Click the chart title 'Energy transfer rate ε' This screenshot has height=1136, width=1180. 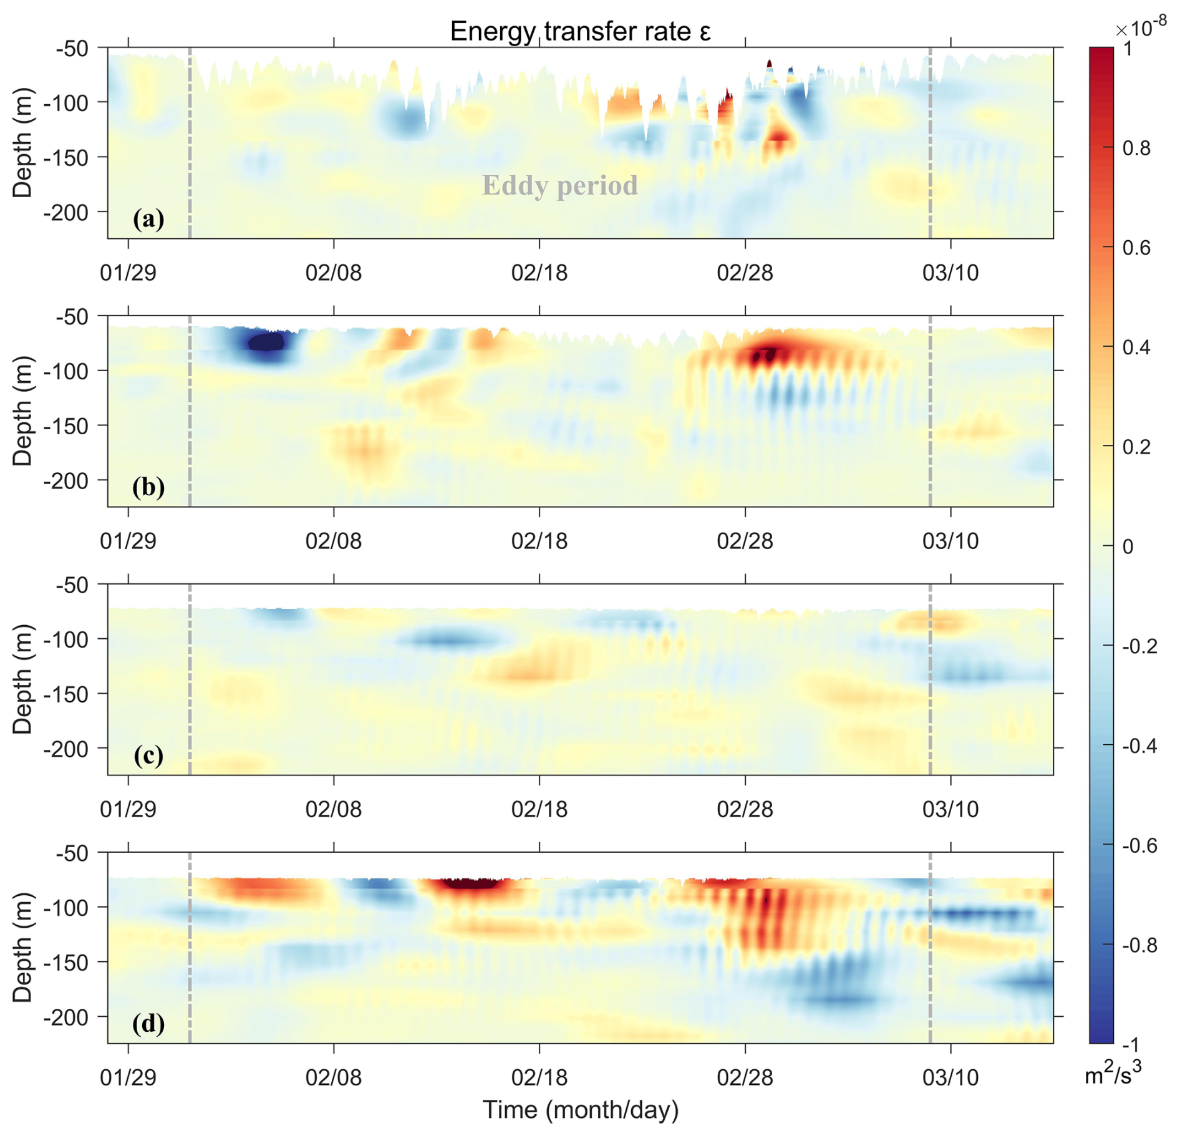click(580, 31)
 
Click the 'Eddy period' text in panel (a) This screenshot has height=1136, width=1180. click(559, 185)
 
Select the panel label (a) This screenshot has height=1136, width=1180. click(148, 219)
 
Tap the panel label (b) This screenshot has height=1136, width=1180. click(148, 487)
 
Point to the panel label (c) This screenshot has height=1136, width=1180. click(148, 755)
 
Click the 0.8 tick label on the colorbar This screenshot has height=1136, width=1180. click(1136, 148)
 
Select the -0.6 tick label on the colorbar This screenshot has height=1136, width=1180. click(1139, 846)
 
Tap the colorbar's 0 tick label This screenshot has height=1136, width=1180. click(1128, 546)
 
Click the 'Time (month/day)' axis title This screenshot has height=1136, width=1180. click(580, 1110)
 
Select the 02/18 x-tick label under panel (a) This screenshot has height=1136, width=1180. click(539, 273)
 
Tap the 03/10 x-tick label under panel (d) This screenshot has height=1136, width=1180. click(950, 1077)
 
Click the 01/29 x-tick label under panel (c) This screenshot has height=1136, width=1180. click(128, 809)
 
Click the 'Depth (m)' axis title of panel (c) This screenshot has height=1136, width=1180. click(22, 679)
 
